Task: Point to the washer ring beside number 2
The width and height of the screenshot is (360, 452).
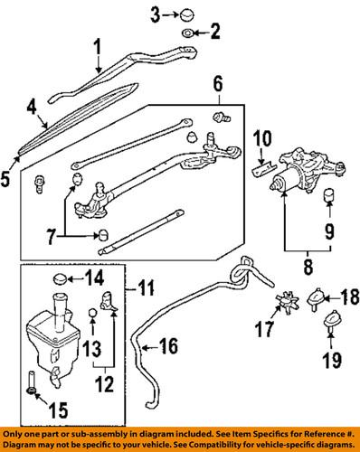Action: pyautogui.click(x=186, y=34)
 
